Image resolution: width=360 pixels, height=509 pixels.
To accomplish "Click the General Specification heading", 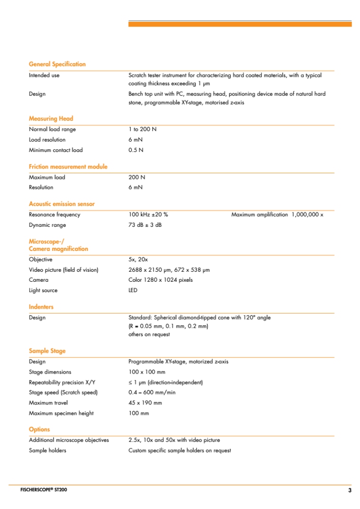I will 57,64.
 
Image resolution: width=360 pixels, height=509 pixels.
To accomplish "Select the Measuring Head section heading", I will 51,119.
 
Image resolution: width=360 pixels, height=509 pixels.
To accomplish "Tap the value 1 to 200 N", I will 143,129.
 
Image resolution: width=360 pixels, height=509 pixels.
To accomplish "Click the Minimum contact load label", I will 55,150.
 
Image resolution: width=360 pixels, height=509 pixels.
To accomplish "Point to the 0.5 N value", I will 136,150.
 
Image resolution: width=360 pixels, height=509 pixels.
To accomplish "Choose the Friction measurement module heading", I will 68,167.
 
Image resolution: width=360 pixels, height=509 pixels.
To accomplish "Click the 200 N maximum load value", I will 137,178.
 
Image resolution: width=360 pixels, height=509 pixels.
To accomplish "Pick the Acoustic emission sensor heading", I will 62,204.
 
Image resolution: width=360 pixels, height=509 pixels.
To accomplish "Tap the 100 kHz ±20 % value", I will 148,215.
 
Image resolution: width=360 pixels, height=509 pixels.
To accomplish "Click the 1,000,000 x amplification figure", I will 307,215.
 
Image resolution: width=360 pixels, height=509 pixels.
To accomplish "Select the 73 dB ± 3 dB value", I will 145,225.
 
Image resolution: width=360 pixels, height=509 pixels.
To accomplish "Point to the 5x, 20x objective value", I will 138,259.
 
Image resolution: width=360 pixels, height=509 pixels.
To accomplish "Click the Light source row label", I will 43,290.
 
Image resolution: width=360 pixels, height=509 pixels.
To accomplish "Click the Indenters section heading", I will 41,307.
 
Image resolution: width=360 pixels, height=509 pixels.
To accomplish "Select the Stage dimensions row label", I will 50,372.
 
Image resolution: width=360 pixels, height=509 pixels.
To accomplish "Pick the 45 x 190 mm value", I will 145,403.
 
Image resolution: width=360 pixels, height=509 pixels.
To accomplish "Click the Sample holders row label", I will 47,450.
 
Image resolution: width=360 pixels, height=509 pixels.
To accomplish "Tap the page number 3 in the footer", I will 350,490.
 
